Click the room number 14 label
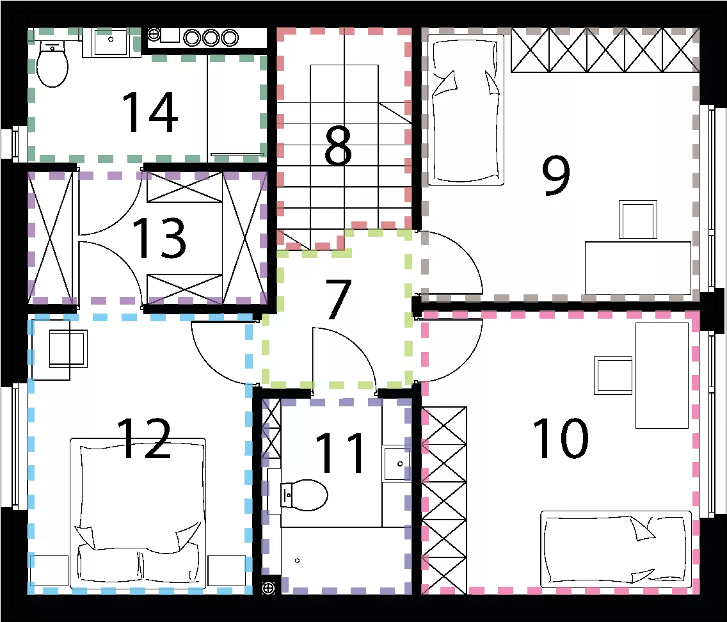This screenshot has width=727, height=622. [150, 112]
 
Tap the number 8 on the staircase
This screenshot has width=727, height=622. [338, 146]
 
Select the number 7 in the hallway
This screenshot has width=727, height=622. [338, 299]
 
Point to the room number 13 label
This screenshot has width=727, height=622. [159, 238]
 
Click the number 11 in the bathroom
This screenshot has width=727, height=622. [340, 453]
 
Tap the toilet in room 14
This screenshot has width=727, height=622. [52, 64]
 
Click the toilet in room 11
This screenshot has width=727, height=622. [304, 495]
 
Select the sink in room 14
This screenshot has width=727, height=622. [111, 42]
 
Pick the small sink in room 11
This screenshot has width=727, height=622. [396, 464]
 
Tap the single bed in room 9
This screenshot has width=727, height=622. [465, 110]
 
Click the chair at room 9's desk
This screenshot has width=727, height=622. [638, 220]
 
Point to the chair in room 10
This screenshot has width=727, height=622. [613, 376]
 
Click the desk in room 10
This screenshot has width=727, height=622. [662, 376]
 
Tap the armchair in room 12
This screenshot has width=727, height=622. [60, 349]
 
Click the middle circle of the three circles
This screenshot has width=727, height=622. [211, 38]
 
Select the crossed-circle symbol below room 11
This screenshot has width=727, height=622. [268, 588]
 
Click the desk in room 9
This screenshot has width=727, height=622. [638, 267]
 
